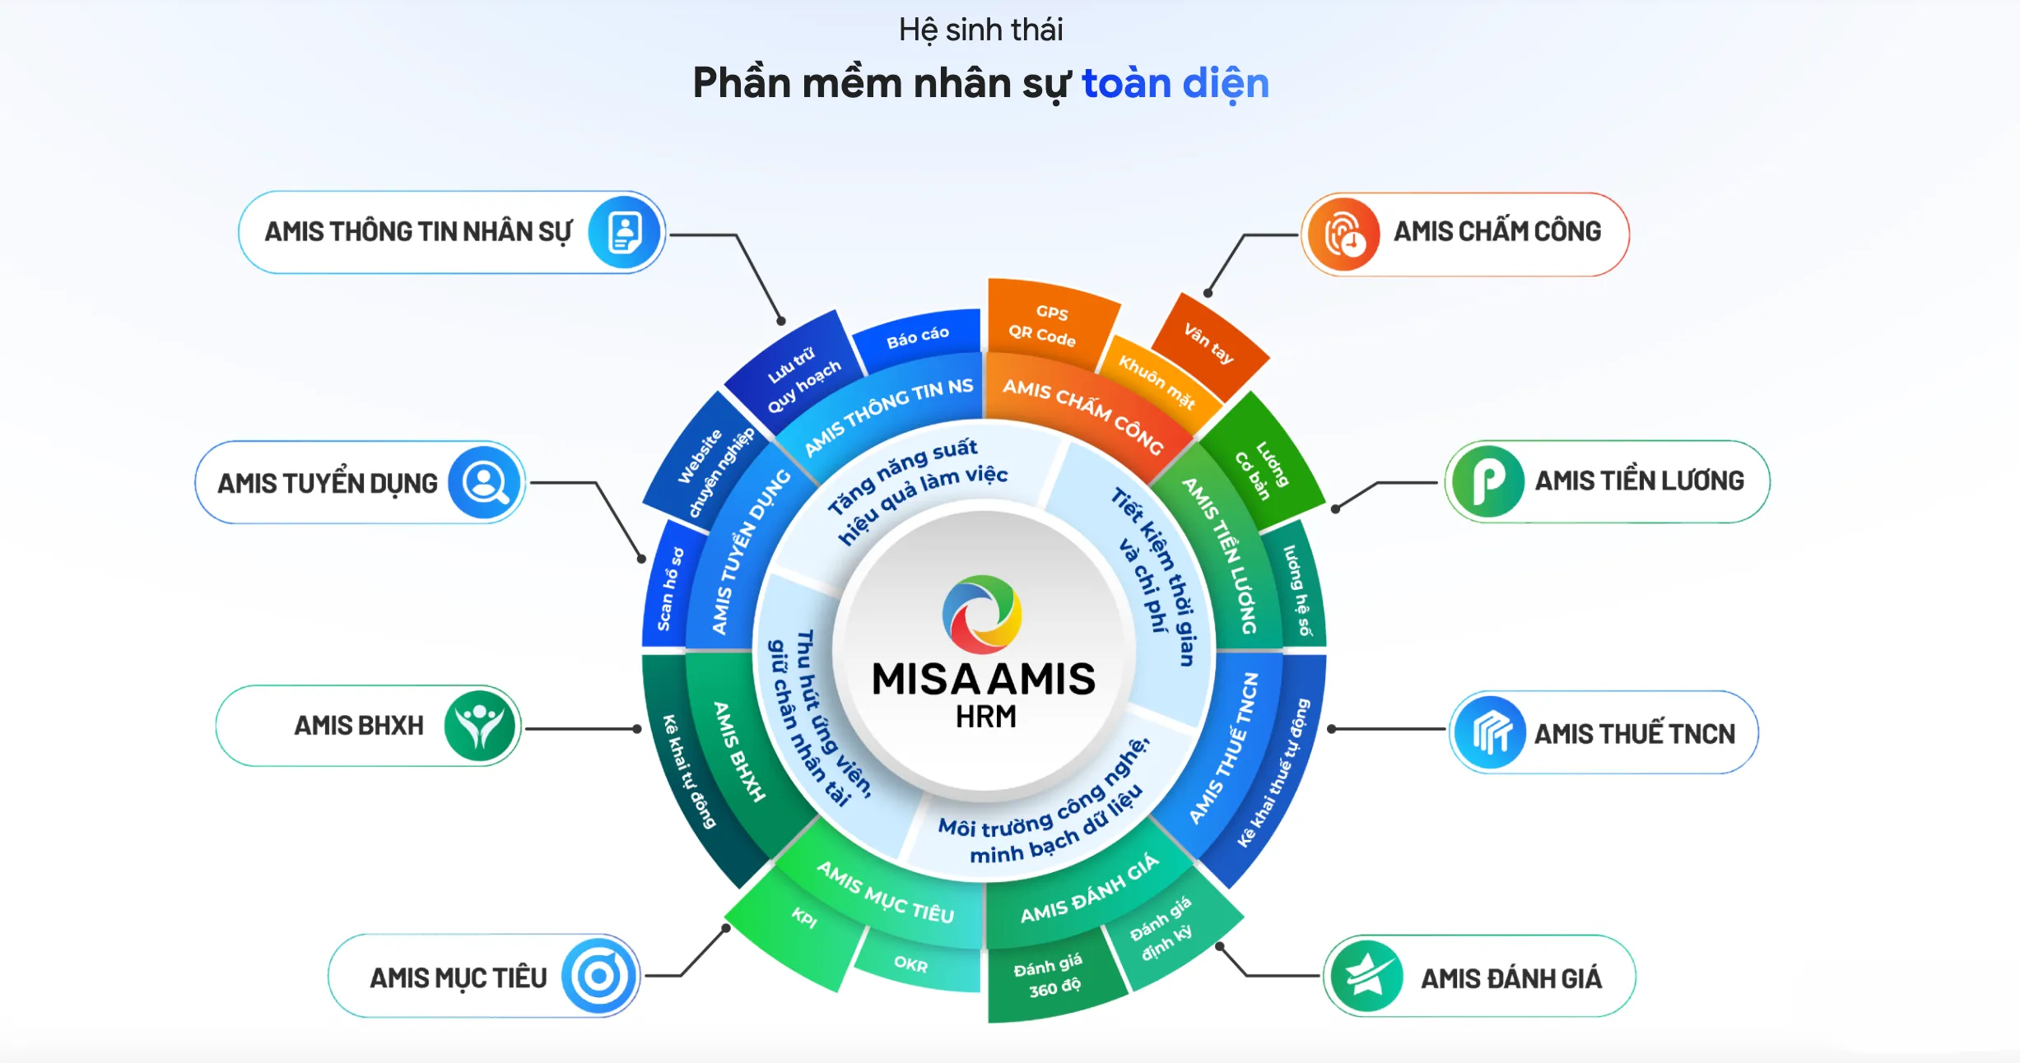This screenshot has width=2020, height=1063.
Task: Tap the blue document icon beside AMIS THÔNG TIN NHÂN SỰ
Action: coord(626,232)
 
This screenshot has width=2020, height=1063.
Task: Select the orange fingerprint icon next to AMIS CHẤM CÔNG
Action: coord(1343,234)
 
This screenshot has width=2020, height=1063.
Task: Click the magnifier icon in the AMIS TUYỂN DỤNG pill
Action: coord(485,483)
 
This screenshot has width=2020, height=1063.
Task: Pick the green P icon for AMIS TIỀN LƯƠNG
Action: coord(1487,481)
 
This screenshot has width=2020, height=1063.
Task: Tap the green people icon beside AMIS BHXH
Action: coord(480,726)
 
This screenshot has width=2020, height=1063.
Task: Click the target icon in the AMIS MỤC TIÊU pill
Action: coord(599,977)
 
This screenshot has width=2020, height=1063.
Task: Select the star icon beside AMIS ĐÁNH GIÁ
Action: coord(1366,977)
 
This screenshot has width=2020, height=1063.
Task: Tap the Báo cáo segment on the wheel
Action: coord(917,337)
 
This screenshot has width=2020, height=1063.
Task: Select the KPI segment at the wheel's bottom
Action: coord(803,917)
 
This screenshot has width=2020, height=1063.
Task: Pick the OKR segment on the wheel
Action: coord(911,963)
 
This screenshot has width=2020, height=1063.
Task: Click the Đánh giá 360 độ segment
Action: coord(1050,977)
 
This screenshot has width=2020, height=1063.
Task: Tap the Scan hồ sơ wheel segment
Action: coord(670,589)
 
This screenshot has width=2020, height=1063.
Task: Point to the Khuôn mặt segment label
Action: coord(1156,382)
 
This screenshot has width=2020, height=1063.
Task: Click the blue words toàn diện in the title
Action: coord(1175,83)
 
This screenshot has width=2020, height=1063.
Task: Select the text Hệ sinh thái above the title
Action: coord(980,30)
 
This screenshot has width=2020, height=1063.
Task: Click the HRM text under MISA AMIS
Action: coord(985,717)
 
